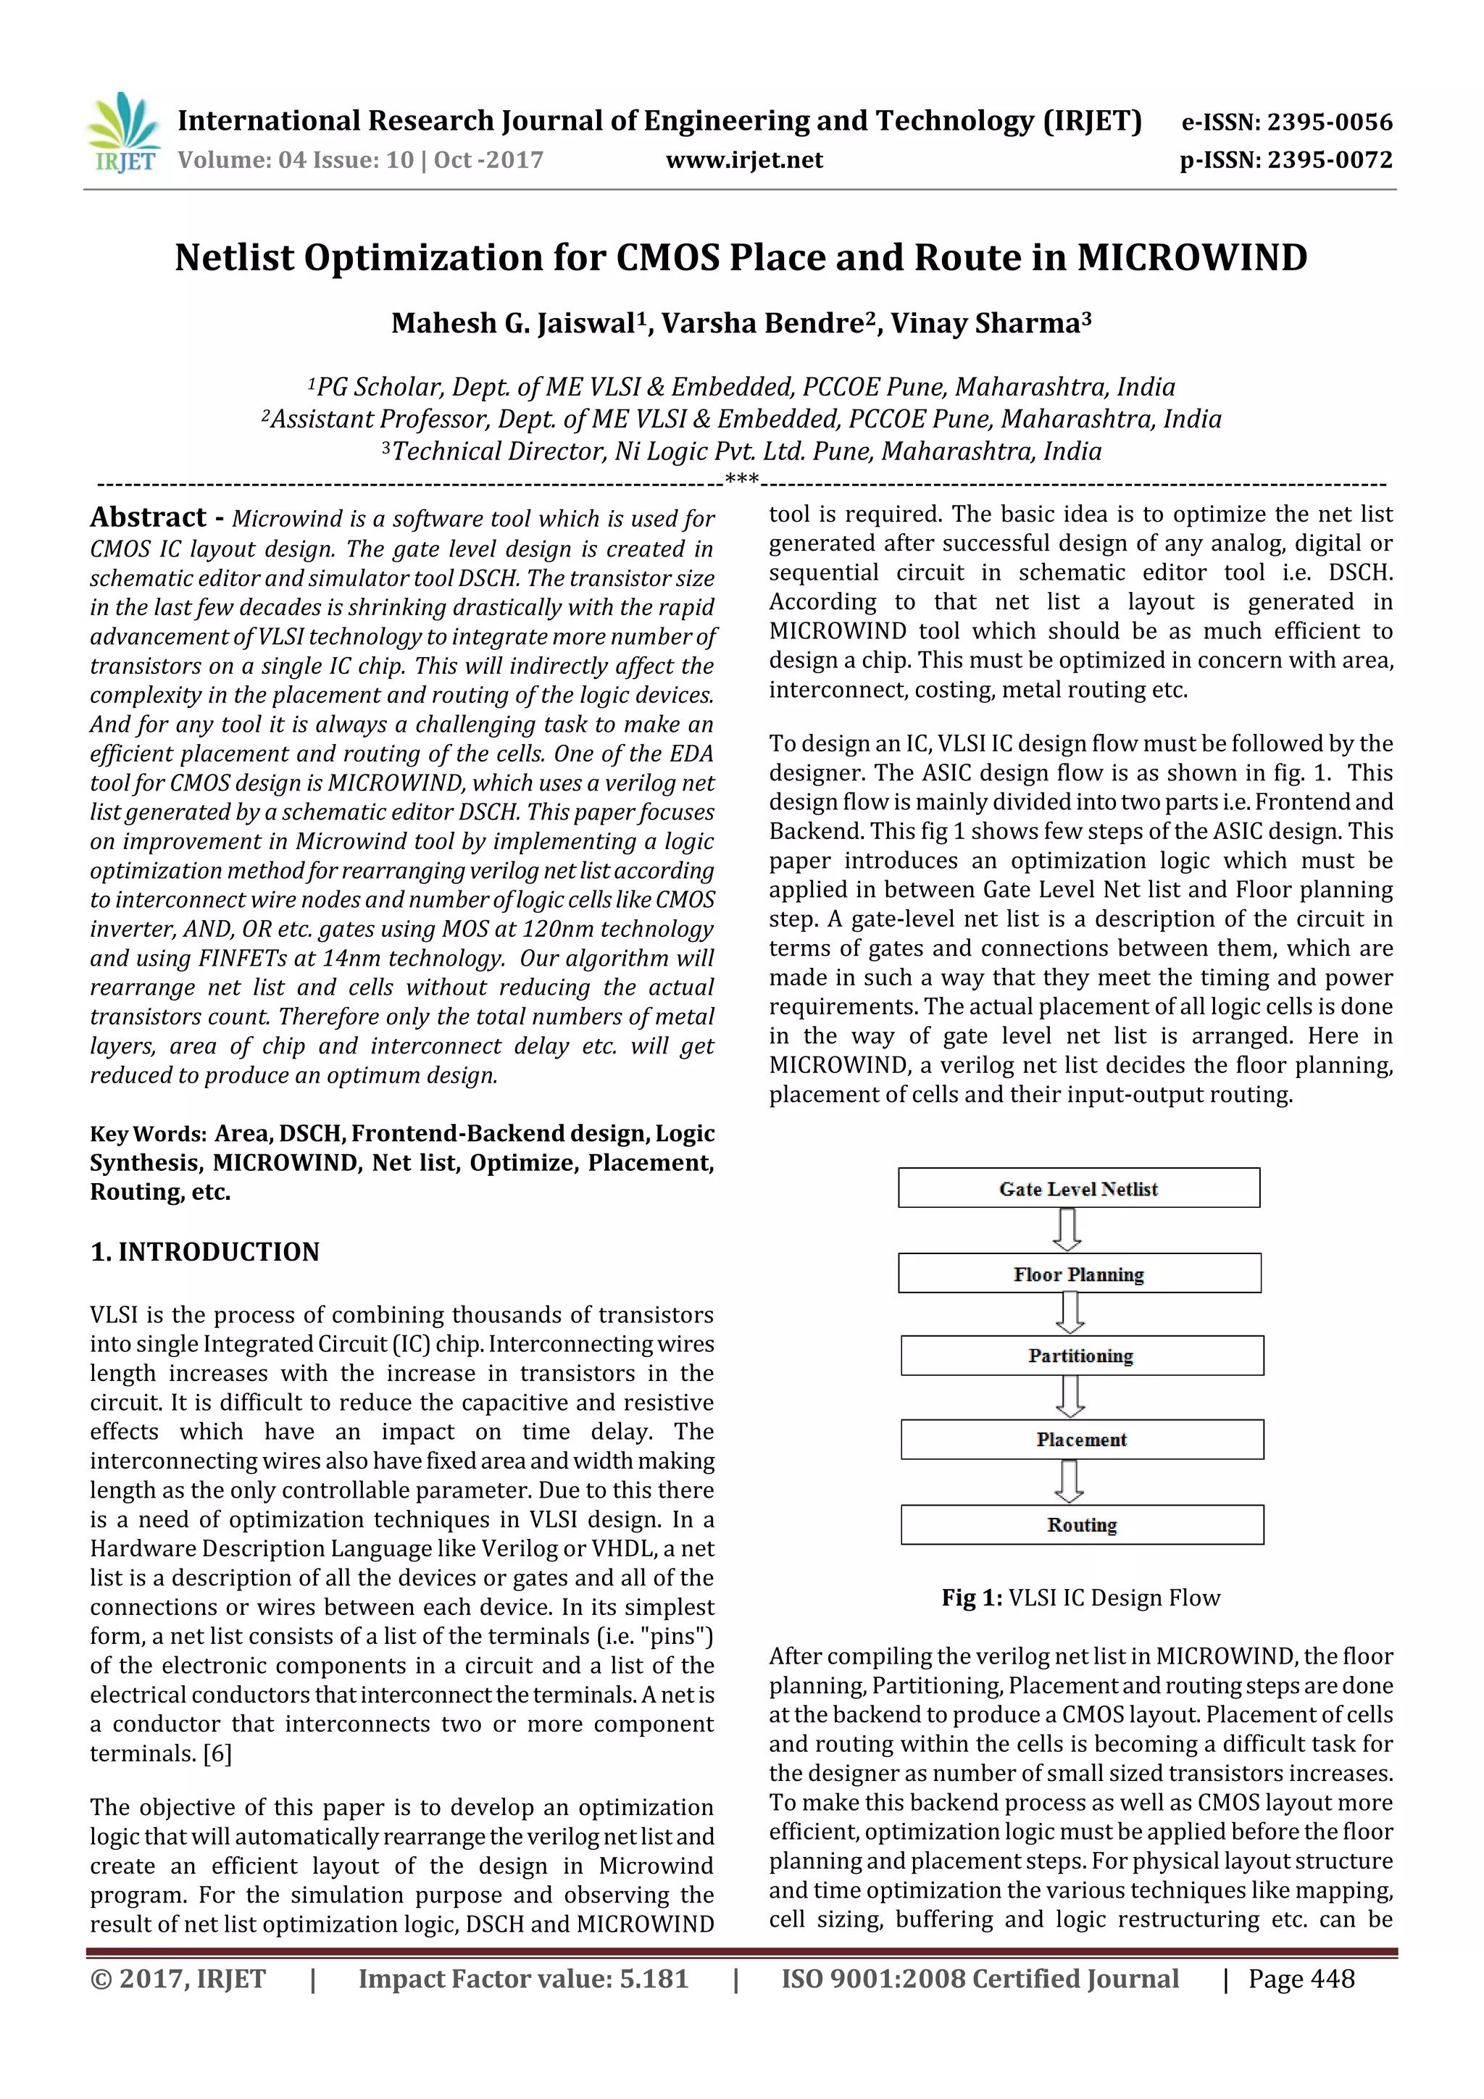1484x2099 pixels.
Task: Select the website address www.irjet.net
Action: (743, 161)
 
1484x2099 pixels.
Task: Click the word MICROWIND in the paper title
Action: (1191, 258)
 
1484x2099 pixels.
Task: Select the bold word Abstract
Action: (148, 517)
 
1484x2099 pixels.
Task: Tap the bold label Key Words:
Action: (148, 1135)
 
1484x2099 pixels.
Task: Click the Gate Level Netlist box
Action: (1078, 1188)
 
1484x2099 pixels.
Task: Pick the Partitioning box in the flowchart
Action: (1081, 1355)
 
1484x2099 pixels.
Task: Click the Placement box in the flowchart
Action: (1081, 1439)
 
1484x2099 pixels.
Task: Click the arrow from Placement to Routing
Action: (1069, 1481)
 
